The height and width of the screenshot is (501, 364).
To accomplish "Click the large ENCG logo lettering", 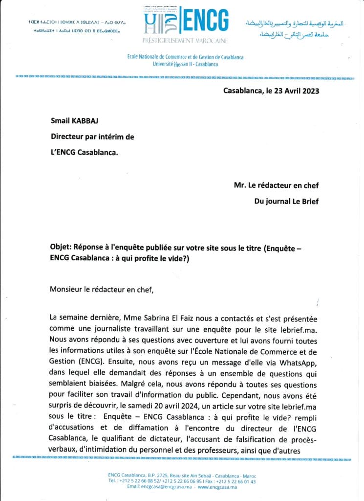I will click(x=205, y=22).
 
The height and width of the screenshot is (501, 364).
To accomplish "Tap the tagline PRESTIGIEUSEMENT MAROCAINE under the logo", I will click(x=185, y=40).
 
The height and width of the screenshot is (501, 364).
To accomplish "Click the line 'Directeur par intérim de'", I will click(x=92, y=137).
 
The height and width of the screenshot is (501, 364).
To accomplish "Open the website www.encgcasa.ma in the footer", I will click(x=216, y=487).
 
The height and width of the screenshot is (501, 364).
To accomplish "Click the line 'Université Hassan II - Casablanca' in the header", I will click(x=185, y=64).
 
